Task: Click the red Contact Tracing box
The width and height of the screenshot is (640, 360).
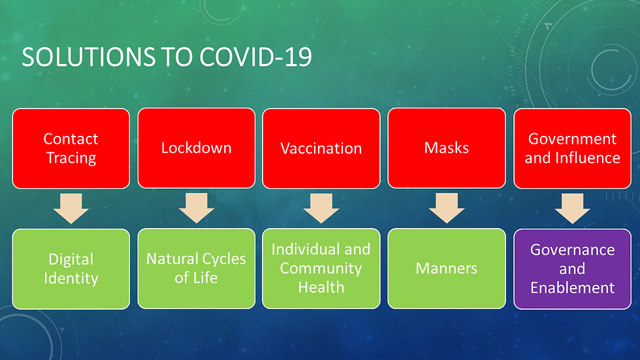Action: click(71, 148)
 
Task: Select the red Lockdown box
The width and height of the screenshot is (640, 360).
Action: click(196, 148)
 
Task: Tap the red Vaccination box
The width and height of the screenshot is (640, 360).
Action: click(321, 148)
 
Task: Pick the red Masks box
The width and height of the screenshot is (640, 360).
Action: click(446, 148)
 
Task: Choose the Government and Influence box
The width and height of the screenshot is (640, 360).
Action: click(572, 148)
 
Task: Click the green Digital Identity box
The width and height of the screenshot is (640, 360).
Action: click(71, 269)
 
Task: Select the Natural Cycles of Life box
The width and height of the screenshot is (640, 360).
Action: click(196, 269)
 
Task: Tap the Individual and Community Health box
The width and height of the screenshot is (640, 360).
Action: click(321, 269)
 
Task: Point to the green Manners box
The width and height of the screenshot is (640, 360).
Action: click(446, 269)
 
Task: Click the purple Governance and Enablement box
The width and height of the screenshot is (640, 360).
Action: click(572, 269)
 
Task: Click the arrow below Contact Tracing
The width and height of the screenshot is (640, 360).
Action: click(71, 208)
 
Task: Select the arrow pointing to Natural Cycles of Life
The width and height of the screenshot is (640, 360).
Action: click(196, 208)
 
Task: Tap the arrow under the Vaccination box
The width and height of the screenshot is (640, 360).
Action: click(321, 208)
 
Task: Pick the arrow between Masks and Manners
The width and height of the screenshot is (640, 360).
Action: click(446, 208)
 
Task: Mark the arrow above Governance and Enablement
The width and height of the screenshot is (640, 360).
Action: click(572, 208)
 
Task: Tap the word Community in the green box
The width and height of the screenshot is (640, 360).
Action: click(321, 269)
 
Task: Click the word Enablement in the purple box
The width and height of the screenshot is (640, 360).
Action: click(572, 287)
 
